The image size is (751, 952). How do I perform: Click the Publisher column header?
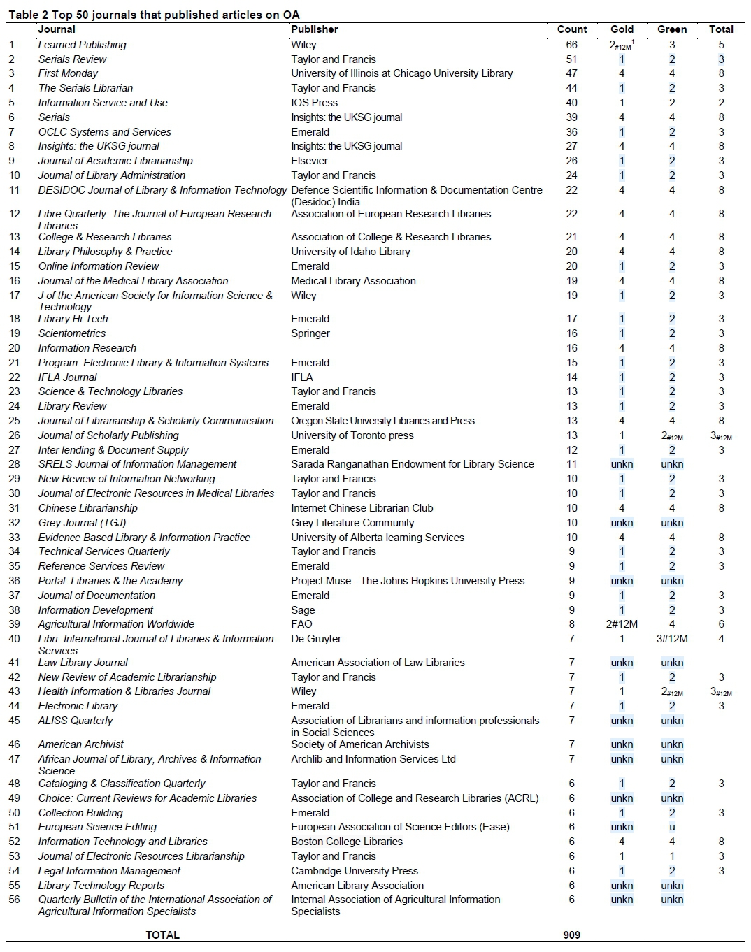point(314,29)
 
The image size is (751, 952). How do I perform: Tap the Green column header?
point(672,29)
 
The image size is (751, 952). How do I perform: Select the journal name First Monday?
point(68,73)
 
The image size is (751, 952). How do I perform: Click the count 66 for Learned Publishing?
point(571,45)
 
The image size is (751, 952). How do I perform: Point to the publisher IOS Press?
point(314,103)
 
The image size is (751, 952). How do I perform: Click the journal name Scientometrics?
point(72,333)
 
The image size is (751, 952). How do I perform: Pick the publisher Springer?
point(310,333)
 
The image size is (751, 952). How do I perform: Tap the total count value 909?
point(571,935)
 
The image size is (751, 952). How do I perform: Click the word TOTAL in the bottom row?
point(162,935)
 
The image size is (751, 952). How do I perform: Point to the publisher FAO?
point(301,624)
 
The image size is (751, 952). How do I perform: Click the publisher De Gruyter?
point(316,639)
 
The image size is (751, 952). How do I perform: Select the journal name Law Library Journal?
point(83,663)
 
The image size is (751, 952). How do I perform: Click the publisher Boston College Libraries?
point(347,842)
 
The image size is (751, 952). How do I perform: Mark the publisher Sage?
point(303,610)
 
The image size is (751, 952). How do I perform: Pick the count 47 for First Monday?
point(571,73)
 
